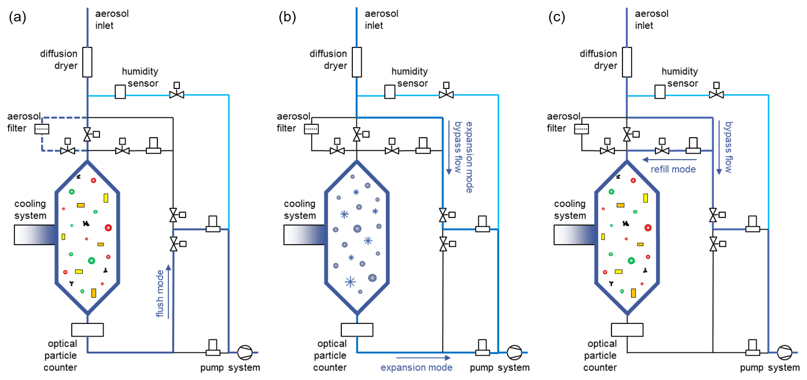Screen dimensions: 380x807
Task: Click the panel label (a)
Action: point(17,17)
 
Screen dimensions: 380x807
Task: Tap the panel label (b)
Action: point(288,17)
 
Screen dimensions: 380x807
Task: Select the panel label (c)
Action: point(557,17)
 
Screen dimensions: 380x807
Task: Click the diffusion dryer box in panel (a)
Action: point(87,62)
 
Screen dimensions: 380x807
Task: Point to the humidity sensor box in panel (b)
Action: point(390,92)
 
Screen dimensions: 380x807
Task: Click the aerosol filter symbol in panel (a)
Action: point(42,128)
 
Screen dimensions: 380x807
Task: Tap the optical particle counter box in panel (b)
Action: point(357,330)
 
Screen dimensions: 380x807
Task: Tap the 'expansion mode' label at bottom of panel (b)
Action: point(416,367)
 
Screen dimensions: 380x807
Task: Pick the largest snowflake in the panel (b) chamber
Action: point(350,282)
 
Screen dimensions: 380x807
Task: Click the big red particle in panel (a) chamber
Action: point(108,228)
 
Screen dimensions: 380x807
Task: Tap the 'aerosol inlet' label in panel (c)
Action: point(652,19)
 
